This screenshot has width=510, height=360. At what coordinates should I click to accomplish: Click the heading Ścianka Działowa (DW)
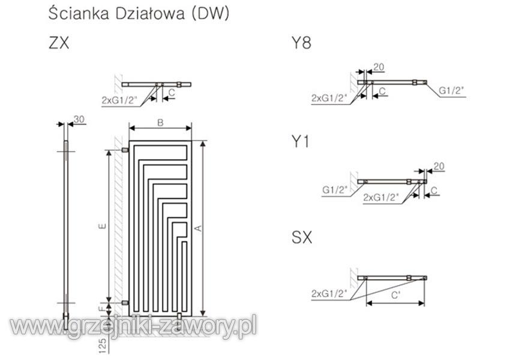[x=139, y=14]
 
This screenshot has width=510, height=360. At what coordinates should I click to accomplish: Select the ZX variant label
[x=59, y=43]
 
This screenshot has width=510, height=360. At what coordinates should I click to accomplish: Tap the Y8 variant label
[x=302, y=43]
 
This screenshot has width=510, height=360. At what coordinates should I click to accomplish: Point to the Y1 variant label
[x=300, y=142]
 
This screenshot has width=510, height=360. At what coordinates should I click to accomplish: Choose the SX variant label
[x=302, y=238]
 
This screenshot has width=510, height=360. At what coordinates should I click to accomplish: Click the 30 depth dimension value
[x=79, y=119]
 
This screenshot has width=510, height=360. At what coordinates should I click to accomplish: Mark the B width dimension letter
[x=160, y=122]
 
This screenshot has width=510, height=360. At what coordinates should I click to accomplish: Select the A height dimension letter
[x=199, y=228]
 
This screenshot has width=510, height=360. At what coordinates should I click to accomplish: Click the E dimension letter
[x=103, y=226]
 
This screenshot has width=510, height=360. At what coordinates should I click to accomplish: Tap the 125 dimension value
[x=103, y=345]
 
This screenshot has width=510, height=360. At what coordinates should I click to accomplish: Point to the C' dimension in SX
[x=395, y=295]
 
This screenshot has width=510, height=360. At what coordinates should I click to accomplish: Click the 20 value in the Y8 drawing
[x=379, y=67]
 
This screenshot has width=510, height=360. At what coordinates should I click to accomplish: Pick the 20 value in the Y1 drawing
[x=439, y=166]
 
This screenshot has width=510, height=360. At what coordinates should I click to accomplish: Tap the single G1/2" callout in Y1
[x=335, y=190]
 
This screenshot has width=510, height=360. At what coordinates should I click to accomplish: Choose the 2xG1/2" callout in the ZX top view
[x=119, y=100]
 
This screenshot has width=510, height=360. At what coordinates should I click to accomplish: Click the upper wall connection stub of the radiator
[x=125, y=150]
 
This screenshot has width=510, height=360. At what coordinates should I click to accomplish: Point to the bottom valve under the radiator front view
[x=180, y=316]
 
